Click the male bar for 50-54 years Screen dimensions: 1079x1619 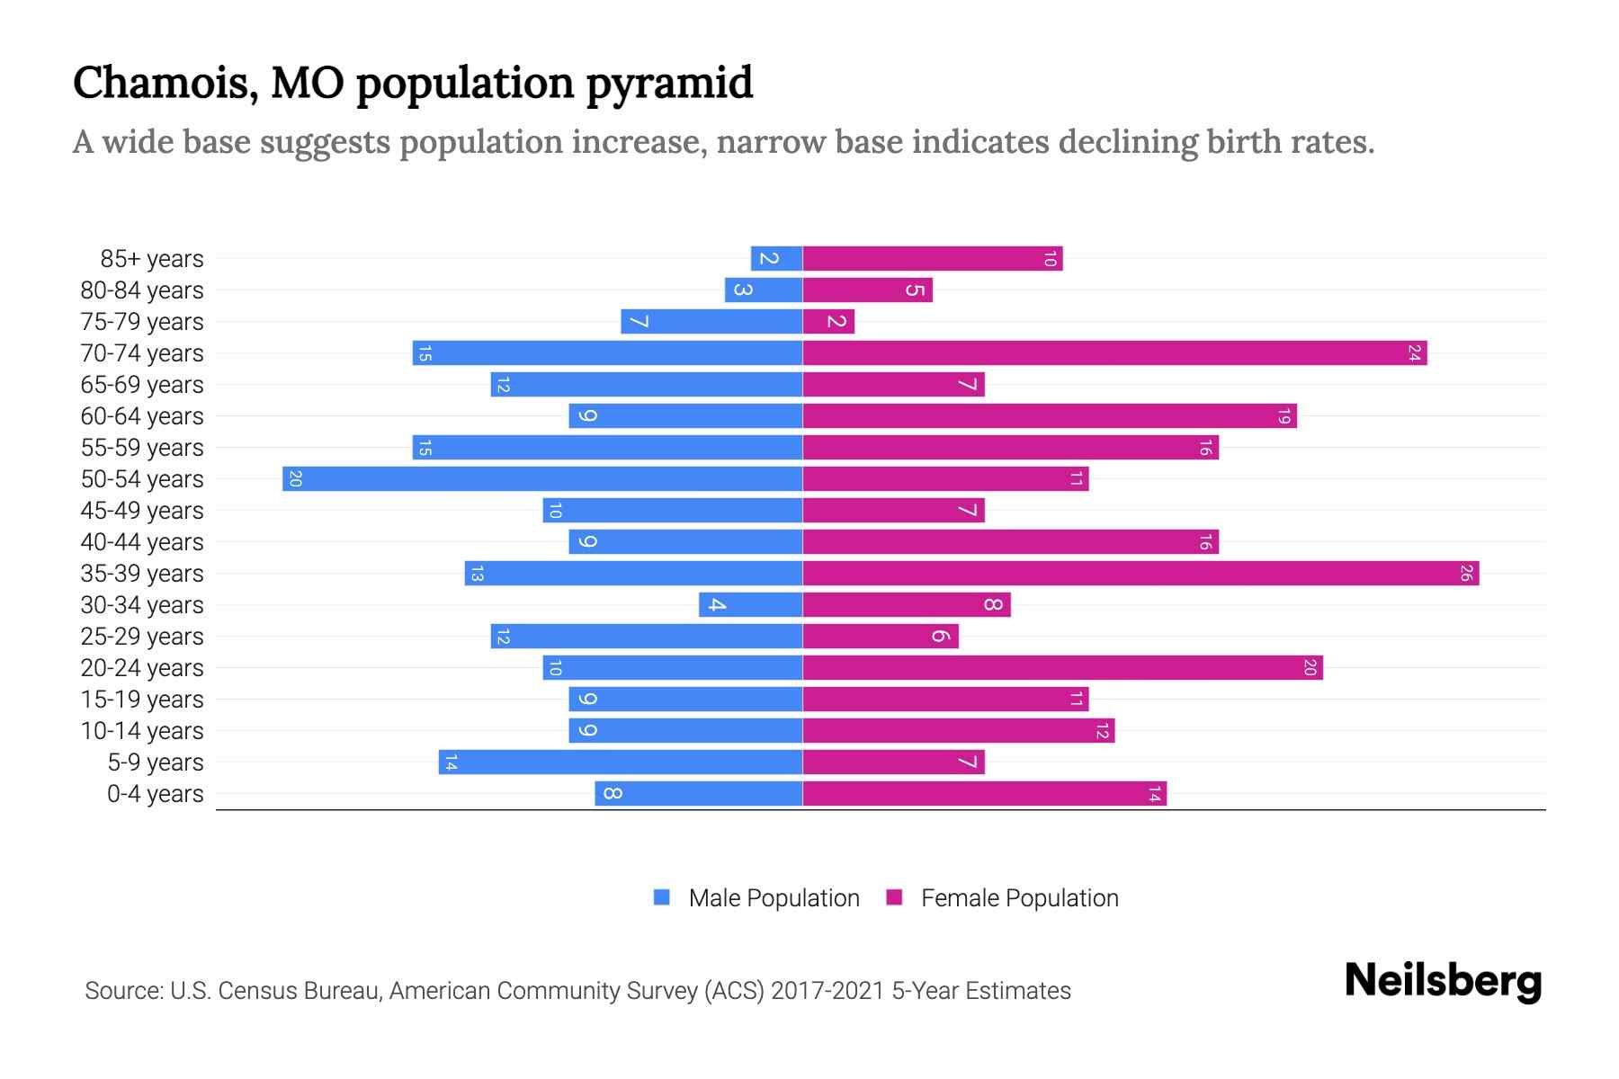[x=542, y=478]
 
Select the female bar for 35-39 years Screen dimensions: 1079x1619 [x=1140, y=573]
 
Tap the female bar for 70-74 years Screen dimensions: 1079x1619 [x=1114, y=352]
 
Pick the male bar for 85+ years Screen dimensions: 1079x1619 [x=776, y=258]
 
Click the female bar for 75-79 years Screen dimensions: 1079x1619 [x=828, y=321]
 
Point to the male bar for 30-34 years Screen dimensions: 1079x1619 [x=750, y=604]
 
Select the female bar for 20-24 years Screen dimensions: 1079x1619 [x=1062, y=667]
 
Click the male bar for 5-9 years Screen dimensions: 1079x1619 [x=621, y=762]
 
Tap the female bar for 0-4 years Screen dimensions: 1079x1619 [x=984, y=793]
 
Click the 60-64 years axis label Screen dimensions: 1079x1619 [x=142, y=416]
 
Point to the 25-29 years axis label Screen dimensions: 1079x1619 [x=142, y=637]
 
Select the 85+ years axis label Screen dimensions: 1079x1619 [x=152, y=259]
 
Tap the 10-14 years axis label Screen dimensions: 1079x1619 [x=142, y=731]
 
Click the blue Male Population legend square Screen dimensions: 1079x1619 [x=662, y=897]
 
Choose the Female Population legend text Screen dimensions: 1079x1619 [x=1019, y=898]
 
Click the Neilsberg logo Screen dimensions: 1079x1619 [x=1443, y=981]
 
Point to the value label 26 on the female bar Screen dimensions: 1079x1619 [x=1465, y=573]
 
